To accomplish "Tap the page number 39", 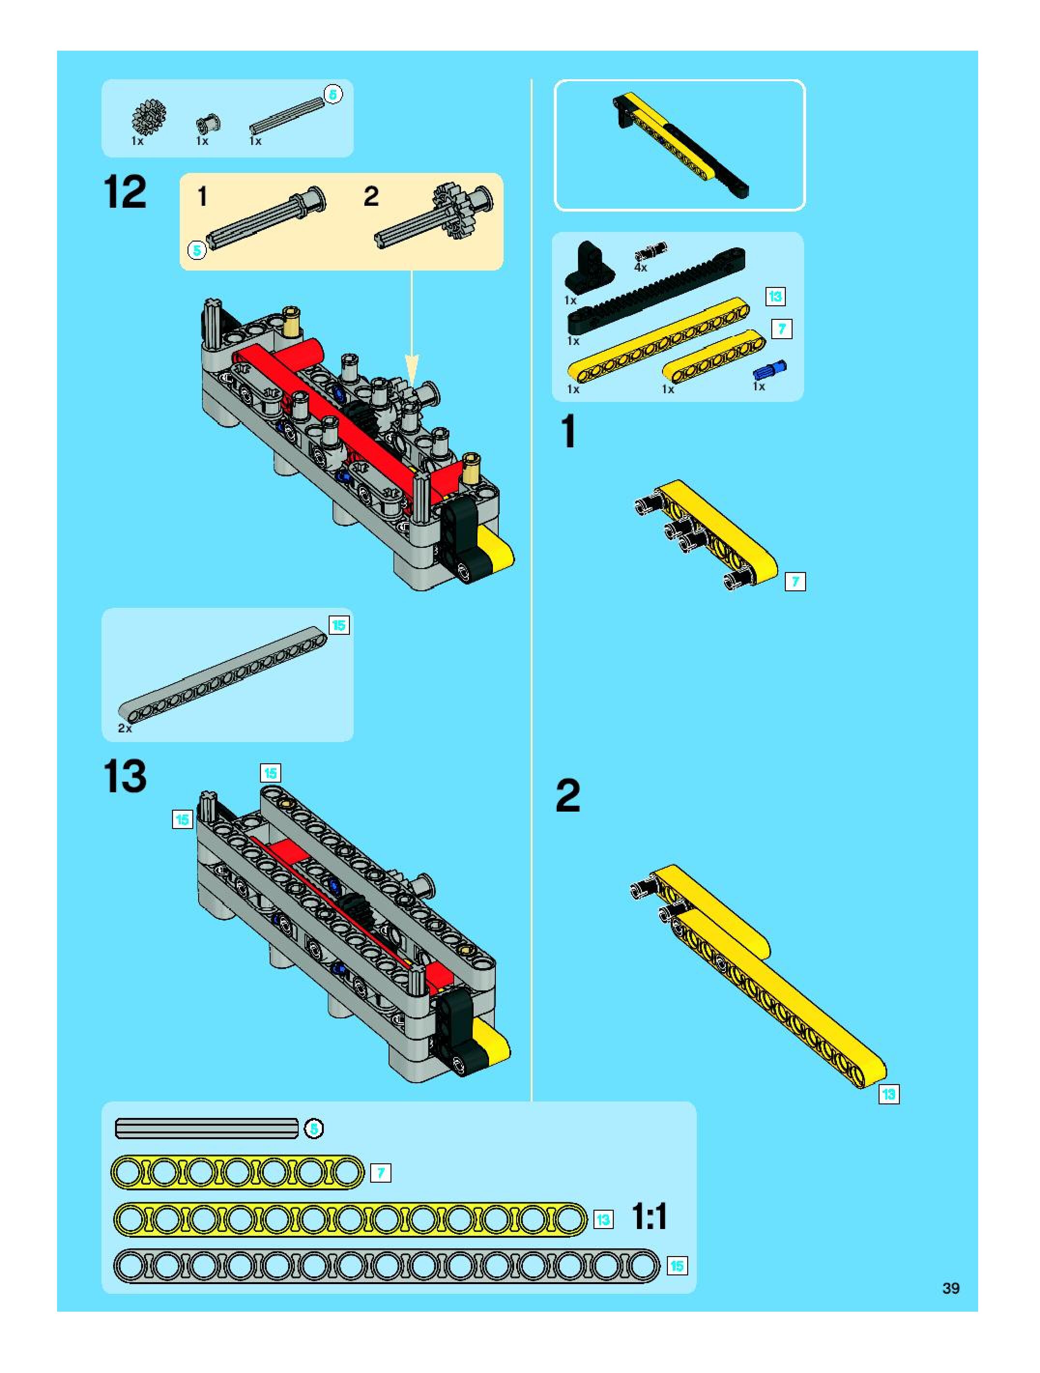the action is coord(951,1288).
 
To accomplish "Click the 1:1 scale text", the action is coord(650,1216).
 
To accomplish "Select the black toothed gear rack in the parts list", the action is coord(656,290).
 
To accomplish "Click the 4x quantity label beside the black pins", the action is coord(640,268).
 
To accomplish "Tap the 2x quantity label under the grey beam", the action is coord(125,728).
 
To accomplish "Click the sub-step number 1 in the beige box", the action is coord(202,197).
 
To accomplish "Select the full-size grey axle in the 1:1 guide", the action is coord(207,1129).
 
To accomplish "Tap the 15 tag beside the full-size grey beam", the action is coord(677,1266).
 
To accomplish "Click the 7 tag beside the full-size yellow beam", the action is coord(381,1173).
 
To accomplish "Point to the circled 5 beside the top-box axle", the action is coord(333,94).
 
